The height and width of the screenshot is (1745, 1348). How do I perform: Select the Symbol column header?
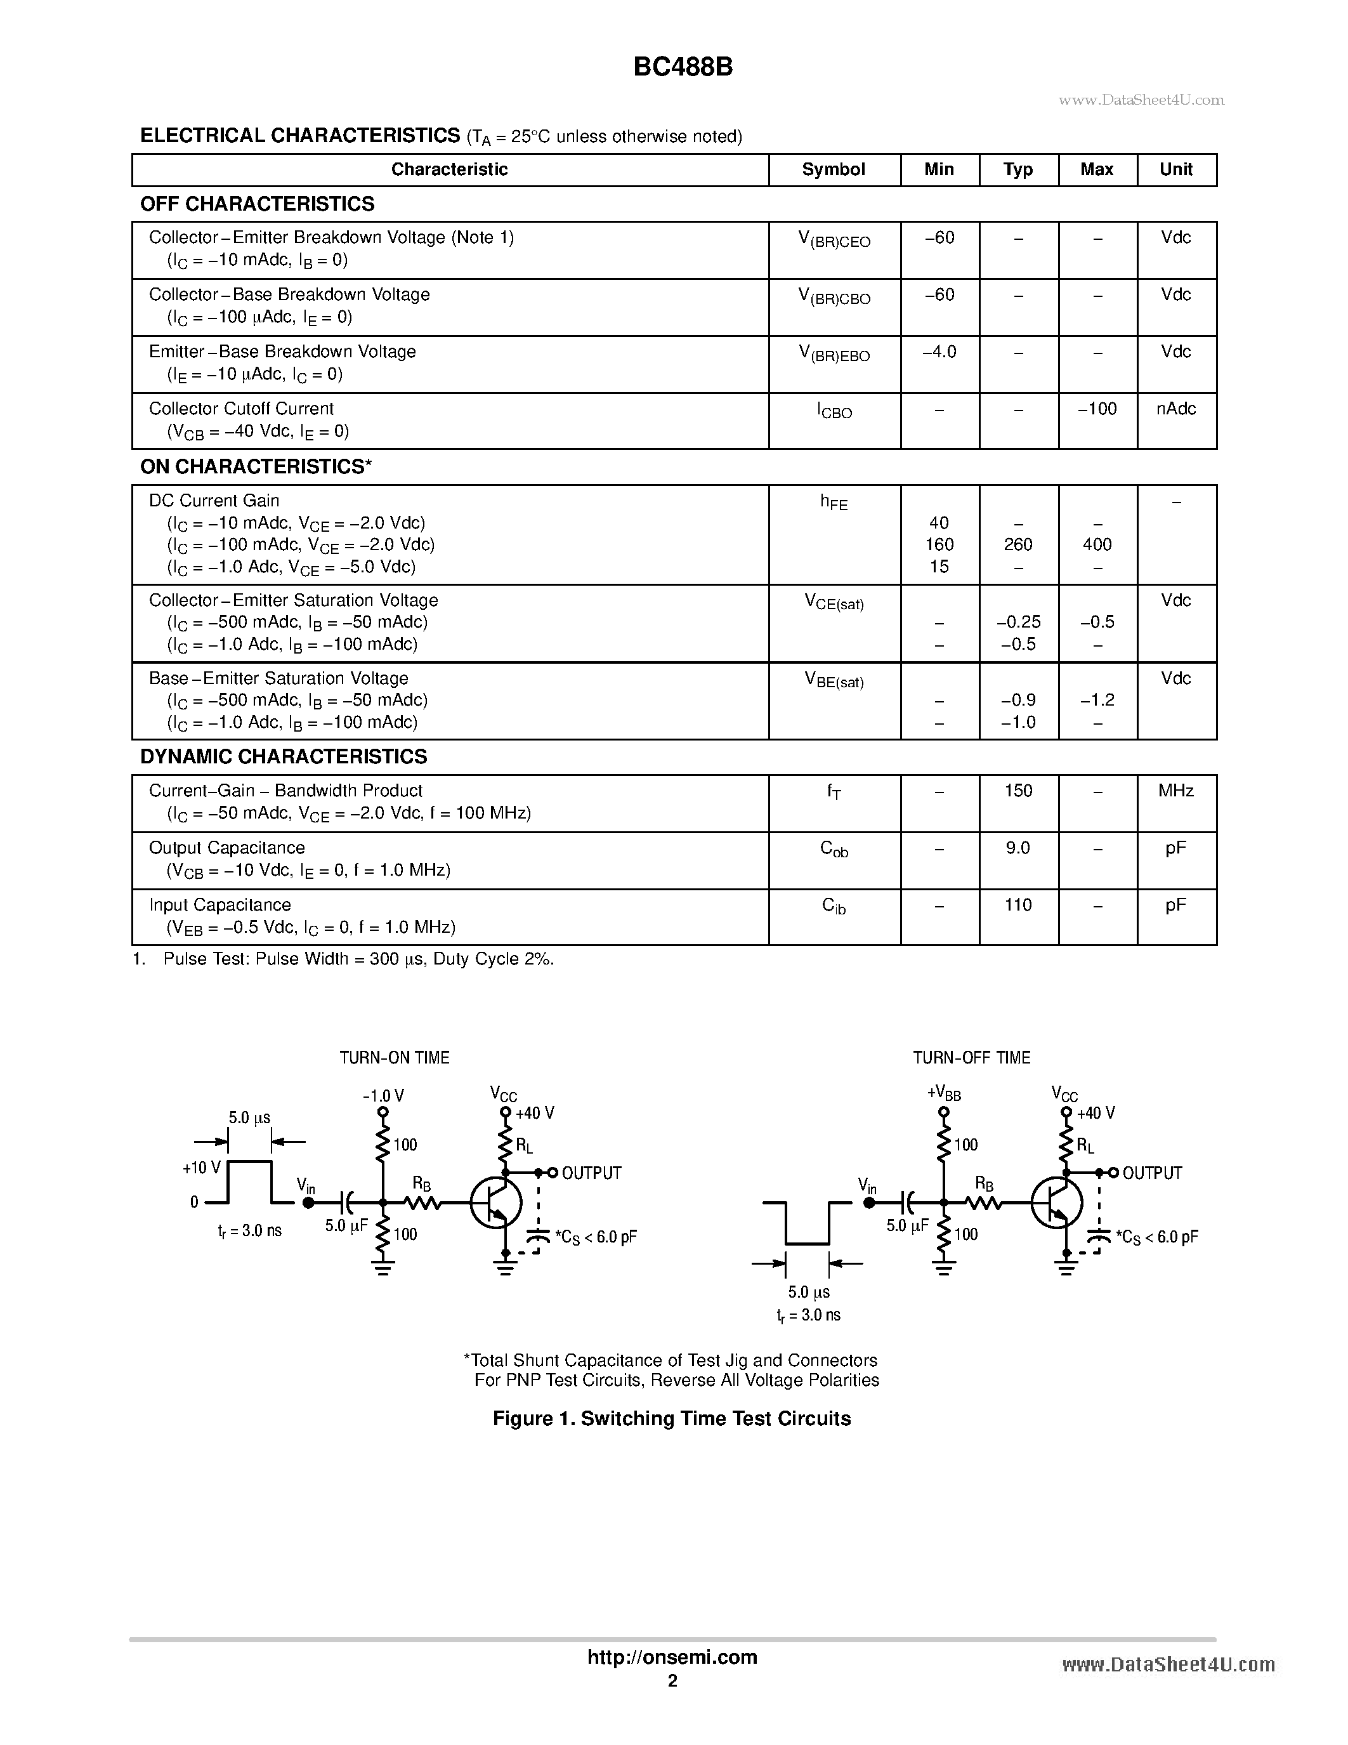833,169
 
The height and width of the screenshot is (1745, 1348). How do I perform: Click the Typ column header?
1018,169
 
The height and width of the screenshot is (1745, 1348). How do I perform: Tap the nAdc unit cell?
1175,409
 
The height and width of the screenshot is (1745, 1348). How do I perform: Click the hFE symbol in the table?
833,503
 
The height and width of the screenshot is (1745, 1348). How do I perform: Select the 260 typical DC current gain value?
1018,545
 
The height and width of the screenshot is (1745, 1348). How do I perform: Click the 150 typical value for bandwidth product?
1018,791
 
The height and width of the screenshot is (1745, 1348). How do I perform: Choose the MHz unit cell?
1175,791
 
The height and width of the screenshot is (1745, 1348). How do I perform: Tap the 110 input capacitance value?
1018,905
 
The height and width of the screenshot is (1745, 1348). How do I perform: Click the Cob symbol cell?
833,849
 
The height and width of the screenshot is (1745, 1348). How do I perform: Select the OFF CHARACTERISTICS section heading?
257,204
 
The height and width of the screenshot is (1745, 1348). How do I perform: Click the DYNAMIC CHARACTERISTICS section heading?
284,756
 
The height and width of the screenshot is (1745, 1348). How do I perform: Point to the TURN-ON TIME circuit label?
395,1058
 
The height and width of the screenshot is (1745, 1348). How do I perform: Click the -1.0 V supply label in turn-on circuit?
383,1095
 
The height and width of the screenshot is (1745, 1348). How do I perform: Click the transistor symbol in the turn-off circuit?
1056,1202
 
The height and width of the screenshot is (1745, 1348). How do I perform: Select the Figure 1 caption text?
672,1418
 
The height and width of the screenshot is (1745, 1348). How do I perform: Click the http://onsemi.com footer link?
672,1657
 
